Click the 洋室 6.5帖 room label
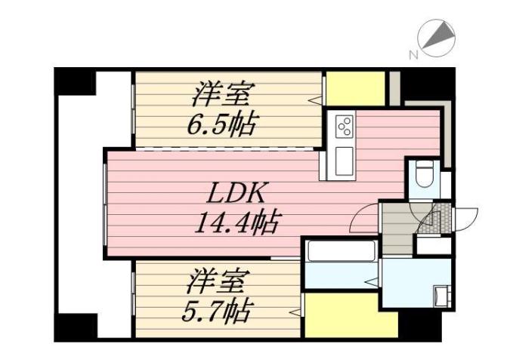[x=222, y=109]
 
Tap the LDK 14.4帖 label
[x=236, y=207]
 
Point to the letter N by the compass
[x=413, y=54]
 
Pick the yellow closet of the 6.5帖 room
[x=355, y=89]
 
